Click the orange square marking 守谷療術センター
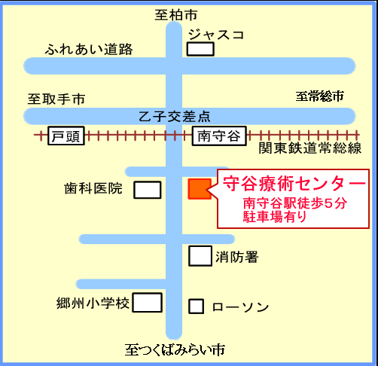(x=200, y=189)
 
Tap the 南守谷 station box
(x=219, y=136)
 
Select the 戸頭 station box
(x=66, y=136)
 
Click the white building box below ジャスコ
(x=200, y=49)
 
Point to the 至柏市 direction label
(x=176, y=15)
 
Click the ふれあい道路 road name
(x=89, y=49)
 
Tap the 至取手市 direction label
(x=56, y=99)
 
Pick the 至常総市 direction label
(x=319, y=96)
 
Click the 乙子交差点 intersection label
(x=175, y=117)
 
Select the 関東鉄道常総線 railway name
(x=310, y=148)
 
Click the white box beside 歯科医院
(x=148, y=190)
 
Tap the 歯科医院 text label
(x=93, y=188)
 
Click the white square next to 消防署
(x=200, y=256)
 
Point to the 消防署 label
(x=237, y=257)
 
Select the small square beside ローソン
(x=196, y=307)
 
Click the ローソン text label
(x=240, y=307)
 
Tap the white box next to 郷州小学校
(x=147, y=303)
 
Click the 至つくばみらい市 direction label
(x=175, y=349)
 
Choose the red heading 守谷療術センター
(x=294, y=184)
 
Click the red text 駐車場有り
(x=275, y=216)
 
